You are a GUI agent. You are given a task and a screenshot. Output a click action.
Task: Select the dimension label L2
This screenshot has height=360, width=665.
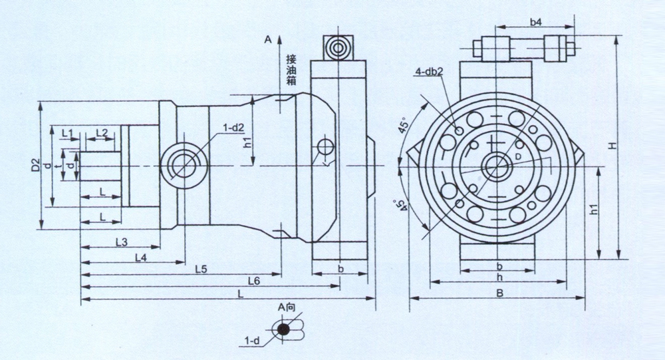point(101,133)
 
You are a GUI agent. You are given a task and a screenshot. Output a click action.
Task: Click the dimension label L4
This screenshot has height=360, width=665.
point(140,256)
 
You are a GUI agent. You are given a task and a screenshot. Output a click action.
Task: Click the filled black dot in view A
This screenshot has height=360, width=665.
point(285,329)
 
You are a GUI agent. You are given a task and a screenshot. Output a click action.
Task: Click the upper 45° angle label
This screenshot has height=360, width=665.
point(404,126)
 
